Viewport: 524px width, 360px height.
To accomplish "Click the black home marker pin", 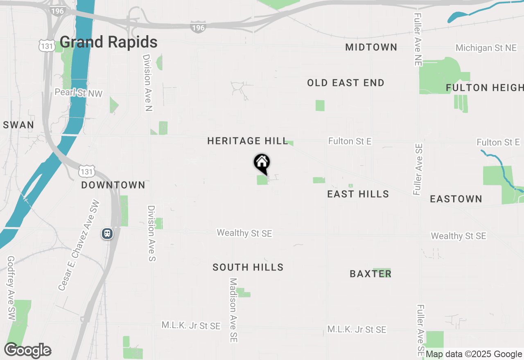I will click(262, 163).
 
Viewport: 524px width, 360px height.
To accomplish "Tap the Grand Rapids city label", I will click(108, 42).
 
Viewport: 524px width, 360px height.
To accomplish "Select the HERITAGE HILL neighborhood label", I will click(248, 141).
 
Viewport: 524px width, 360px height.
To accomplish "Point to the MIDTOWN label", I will click(371, 47).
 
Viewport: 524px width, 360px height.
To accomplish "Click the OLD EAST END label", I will click(346, 83).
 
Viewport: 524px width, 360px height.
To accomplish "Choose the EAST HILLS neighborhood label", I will click(358, 194).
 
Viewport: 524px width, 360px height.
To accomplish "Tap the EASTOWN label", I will click(456, 199).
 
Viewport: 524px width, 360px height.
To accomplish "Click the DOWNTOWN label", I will click(113, 185).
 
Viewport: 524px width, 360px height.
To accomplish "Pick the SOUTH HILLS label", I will click(248, 268).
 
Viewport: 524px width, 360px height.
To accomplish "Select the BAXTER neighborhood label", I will click(370, 274).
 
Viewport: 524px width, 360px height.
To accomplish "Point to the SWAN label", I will click(18, 125).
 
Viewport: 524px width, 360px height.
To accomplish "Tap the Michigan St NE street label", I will click(486, 48).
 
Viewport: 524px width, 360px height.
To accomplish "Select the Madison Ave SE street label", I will click(233, 310).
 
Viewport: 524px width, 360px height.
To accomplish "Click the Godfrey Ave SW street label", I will click(11, 288).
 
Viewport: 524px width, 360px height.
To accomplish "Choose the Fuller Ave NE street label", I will click(417, 39).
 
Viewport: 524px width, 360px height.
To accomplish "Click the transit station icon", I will click(107, 234).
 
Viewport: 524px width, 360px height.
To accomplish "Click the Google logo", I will click(27, 351).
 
